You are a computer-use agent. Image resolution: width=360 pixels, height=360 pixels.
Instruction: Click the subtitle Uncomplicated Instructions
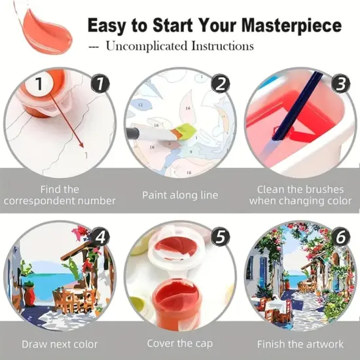[x=179, y=46]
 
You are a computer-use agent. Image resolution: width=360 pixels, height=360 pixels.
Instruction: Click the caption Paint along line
[x=180, y=195]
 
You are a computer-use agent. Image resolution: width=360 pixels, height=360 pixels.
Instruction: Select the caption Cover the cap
[x=179, y=344]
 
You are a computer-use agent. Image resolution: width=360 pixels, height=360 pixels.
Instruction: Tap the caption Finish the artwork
[x=300, y=344]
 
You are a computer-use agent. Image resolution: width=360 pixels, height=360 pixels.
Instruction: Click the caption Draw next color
[x=60, y=344]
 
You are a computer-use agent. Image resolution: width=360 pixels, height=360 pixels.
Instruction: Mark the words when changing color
[x=300, y=201]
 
